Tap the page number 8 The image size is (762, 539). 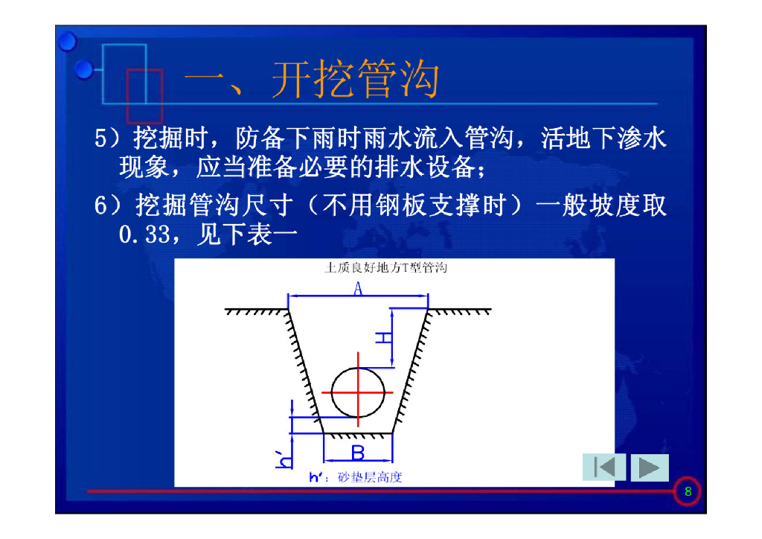coord(688,491)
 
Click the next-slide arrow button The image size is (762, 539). coord(650,468)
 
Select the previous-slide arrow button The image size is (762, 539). coord(603,468)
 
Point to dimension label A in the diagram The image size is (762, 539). coord(358,290)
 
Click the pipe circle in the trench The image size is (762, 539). coord(359,392)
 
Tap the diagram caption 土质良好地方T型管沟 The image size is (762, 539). coord(385,267)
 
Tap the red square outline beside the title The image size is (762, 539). coord(144,95)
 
